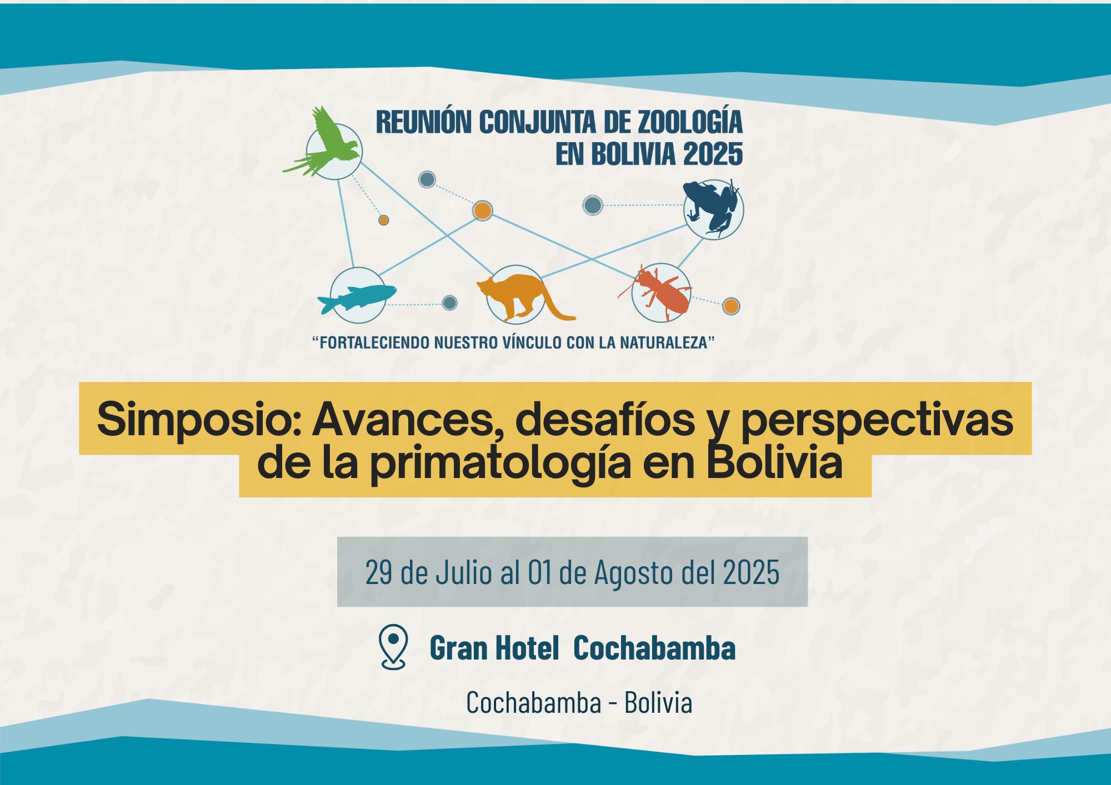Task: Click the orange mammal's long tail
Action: (555, 305)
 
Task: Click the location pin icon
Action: (393, 646)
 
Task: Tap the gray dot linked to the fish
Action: (449, 303)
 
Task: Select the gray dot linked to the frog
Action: (593, 205)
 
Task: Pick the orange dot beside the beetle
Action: (731, 306)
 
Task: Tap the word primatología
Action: (501, 464)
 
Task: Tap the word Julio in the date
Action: (463, 572)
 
